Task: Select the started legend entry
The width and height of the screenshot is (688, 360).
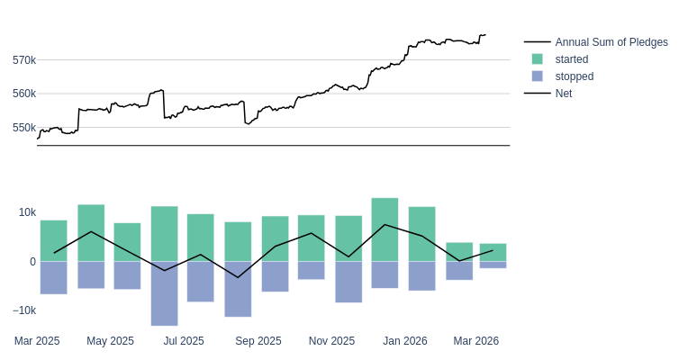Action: pyautogui.click(x=571, y=59)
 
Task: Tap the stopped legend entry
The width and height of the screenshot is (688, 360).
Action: pyautogui.click(x=574, y=76)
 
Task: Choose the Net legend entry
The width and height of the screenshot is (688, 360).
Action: pyautogui.click(x=563, y=94)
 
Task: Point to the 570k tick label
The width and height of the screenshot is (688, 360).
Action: pyautogui.click(x=24, y=60)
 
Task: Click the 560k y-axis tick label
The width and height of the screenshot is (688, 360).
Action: pyautogui.click(x=24, y=94)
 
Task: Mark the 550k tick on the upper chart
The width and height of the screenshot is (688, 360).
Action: pyautogui.click(x=24, y=128)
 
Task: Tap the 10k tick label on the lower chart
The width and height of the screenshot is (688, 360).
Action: pyautogui.click(x=27, y=212)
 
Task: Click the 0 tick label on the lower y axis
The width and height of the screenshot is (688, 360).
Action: pyautogui.click(x=32, y=262)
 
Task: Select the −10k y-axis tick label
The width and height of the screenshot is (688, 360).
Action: pyautogui.click(x=24, y=310)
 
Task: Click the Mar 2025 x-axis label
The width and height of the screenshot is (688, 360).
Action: pyautogui.click(x=37, y=341)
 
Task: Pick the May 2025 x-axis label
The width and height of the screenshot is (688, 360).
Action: pyautogui.click(x=110, y=341)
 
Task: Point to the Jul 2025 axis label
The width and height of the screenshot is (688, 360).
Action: pyautogui.click(x=184, y=341)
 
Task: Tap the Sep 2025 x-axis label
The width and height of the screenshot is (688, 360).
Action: pyautogui.click(x=258, y=341)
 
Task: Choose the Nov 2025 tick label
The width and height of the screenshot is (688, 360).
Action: pyautogui.click(x=331, y=341)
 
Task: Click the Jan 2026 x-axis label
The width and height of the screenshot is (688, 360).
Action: pyautogui.click(x=405, y=341)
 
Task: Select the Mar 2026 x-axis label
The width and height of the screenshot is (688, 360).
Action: pyautogui.click(x=476, y=341)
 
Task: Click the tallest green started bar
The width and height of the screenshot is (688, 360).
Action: pyautogui.click(x=385, y=229)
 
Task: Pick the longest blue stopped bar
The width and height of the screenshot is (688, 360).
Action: pyautogui.click(x=164, y=293)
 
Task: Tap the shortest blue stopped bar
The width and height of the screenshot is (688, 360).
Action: pyautogui.click(x=493, y=265)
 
